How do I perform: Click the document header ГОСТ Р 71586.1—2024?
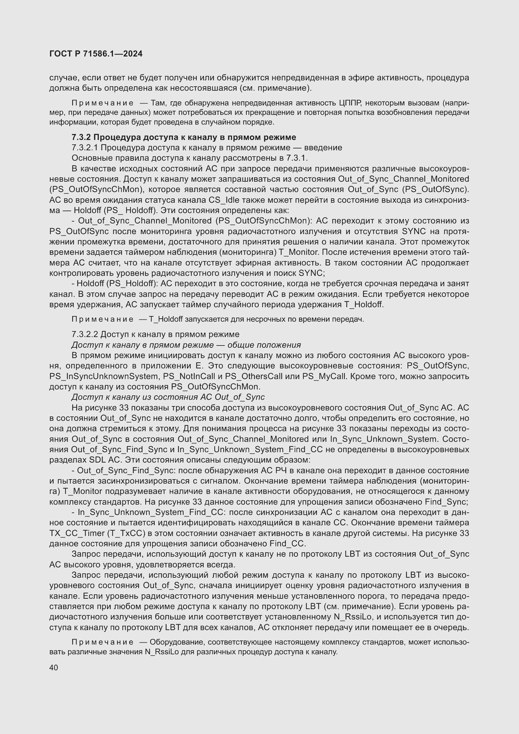point(96,54)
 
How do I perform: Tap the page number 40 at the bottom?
point(54,668)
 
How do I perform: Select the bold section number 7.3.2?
point(81,137)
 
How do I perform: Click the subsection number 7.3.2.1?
point(85,148)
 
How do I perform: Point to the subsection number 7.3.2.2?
point(85,335)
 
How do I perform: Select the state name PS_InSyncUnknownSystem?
point(104,376)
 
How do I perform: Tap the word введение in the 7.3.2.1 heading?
point(323,148)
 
